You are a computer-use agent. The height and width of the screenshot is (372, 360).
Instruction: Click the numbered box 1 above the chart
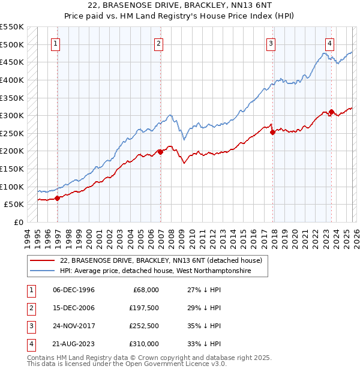coord(55,43)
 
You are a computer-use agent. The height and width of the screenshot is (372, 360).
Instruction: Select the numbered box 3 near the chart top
coord(271,43)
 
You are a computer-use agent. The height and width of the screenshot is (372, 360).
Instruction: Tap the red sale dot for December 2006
coord(160,152)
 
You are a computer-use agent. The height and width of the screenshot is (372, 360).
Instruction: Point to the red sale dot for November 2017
coord(272,132)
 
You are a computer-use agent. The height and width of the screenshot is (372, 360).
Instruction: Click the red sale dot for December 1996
coord(58,197)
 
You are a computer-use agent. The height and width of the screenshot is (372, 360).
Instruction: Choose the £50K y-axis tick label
coord(14,204)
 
